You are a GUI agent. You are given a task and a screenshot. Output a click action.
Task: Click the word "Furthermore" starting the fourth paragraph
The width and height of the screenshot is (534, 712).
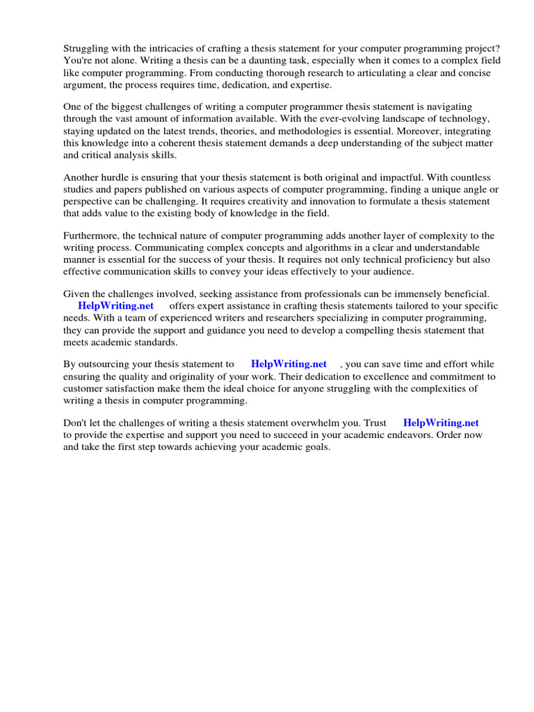pos(92,235)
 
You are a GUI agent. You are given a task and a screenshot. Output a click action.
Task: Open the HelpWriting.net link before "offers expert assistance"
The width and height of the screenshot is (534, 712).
pos(115,306)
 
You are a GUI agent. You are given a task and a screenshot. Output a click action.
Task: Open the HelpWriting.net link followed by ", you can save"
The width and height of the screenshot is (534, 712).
pos(289,364)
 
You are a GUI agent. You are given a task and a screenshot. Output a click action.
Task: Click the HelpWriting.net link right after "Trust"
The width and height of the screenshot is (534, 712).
pos(441,423)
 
